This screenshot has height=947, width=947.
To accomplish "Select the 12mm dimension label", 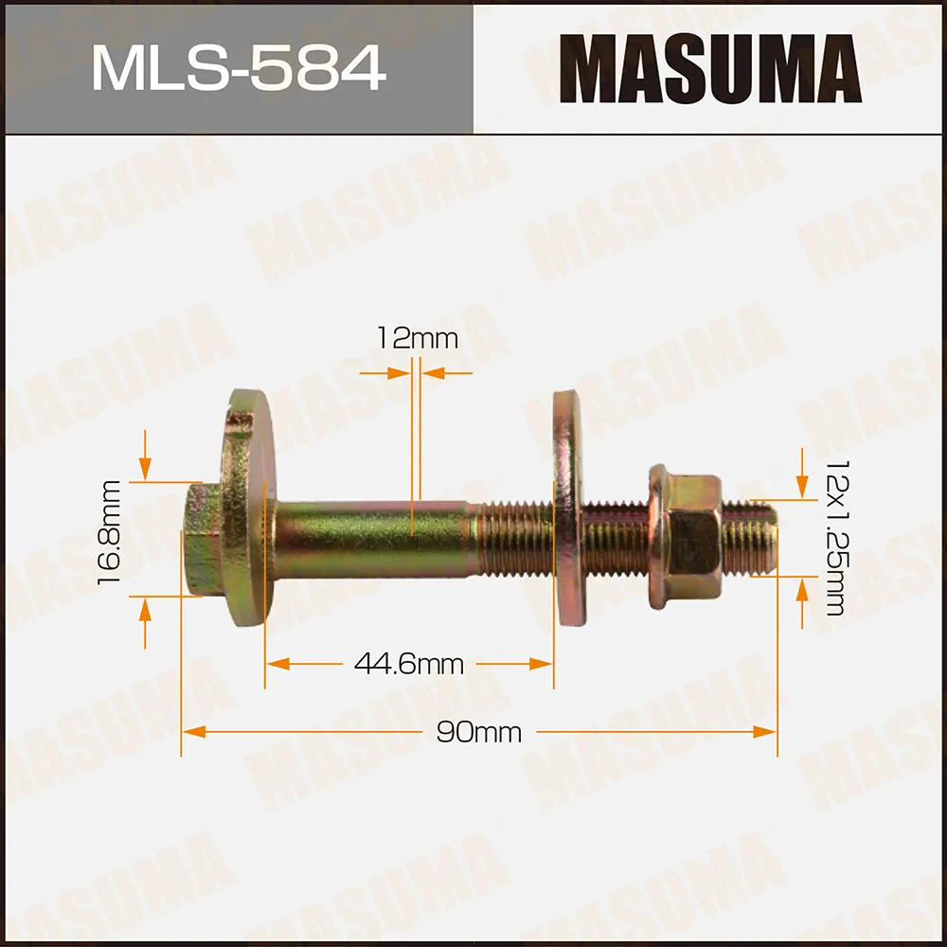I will tap(417, 338).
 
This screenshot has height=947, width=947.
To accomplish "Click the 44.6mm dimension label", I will tap(409, 665).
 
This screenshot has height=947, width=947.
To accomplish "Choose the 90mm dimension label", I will tap(479, 732).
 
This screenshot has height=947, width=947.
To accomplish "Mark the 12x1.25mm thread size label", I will tap(834, 538).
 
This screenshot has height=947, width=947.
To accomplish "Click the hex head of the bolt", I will tap(201, 541).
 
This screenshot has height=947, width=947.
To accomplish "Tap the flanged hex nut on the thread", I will tap(684, 537).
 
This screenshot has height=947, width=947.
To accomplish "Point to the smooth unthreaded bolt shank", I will tap(369, 540).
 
